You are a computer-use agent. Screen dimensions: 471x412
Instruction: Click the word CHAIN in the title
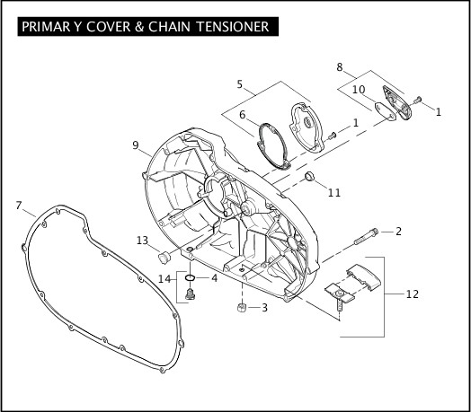coord(169,26)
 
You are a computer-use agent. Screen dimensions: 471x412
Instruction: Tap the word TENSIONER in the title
coord(233,26)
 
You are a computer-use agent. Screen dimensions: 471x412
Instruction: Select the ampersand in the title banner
coord(139,26)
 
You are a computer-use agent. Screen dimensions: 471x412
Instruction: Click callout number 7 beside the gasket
coord(19,206)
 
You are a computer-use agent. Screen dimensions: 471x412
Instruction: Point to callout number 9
coord(136,145)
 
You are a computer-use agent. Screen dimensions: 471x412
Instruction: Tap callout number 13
coord(142,241)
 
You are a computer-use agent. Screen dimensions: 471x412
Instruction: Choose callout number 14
coord(164,279)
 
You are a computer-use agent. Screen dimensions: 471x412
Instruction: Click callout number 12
coord(412,294)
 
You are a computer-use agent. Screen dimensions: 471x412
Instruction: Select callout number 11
coord(334,192)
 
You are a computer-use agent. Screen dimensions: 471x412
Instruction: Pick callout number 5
coord(239,84)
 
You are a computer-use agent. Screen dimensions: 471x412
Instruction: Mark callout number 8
coord(340,67)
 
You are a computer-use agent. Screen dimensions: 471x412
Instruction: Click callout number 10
coord(359,90)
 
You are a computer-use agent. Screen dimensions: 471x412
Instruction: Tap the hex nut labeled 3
coord(242,308)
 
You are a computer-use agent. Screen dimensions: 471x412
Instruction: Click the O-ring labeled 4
coord(190,277)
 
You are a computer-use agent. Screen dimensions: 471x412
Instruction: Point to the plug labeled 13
coord(164,258)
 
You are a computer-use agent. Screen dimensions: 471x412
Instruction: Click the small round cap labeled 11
coord(309,176)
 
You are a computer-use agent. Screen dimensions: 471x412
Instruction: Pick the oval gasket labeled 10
coord(386,111)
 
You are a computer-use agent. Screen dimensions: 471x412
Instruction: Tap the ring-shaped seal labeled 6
coord(273,145)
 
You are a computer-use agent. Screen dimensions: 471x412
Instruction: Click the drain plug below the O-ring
coord(190,294)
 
